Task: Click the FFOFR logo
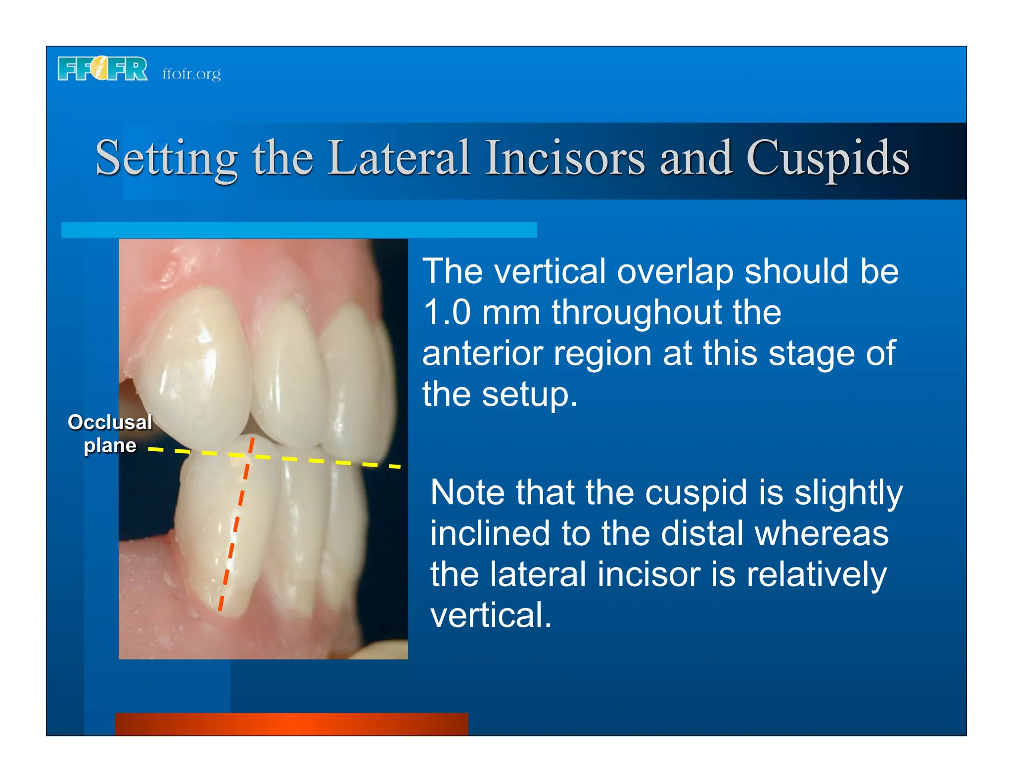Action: [102, 69]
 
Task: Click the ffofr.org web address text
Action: [191, 74]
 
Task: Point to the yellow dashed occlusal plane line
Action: [322, 461]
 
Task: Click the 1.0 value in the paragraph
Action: [447, 312]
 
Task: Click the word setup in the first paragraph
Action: [529, 395]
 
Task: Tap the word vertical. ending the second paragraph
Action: [490, 615]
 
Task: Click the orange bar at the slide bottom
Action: [291, 724]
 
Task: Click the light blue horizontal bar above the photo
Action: [299, 230]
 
